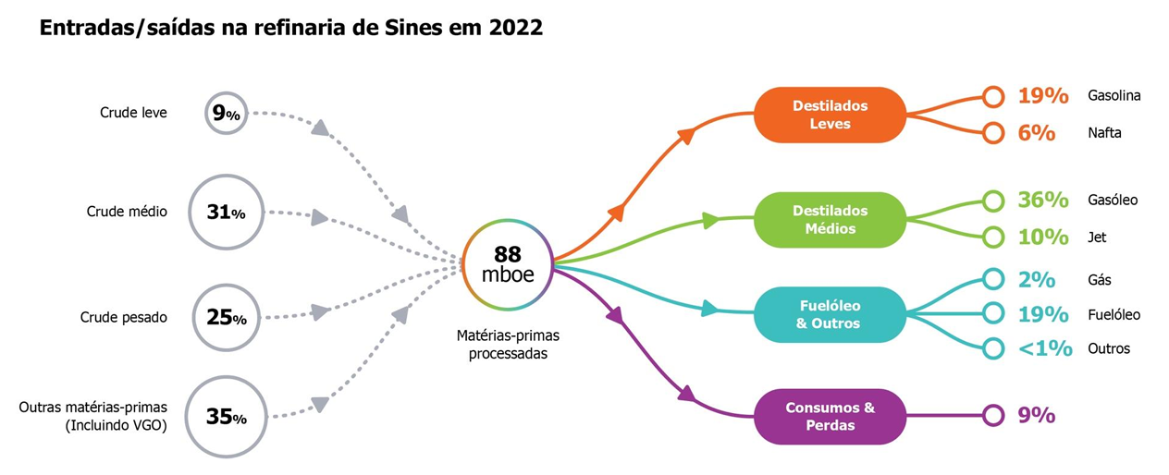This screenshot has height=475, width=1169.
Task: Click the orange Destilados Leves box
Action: click(x=830, y=115)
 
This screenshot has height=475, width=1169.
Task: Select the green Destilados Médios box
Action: click(x=830, y=220)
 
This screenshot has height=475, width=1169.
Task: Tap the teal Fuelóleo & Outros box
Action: click(x=830, y=314)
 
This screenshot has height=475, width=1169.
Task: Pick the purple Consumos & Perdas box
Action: click(x=830, y=416)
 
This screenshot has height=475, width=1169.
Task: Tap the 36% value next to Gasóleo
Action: click(x=1042, y=200)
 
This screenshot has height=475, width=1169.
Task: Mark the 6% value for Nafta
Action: click(x=1037, y=133)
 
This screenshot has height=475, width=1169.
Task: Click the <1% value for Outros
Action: click(x=1045, y=348)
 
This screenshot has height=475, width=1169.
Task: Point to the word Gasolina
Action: click(x=1114, y=95)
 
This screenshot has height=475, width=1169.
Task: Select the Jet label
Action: click(x=1097, y=237)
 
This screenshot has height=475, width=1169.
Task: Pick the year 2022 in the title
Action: click(x=516, y=28)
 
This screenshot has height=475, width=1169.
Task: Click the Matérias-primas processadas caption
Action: click(x=508, y=344)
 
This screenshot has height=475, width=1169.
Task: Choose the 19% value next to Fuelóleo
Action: click(x=1042, y=314)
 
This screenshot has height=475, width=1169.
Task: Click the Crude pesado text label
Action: click(x=123, y=317)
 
